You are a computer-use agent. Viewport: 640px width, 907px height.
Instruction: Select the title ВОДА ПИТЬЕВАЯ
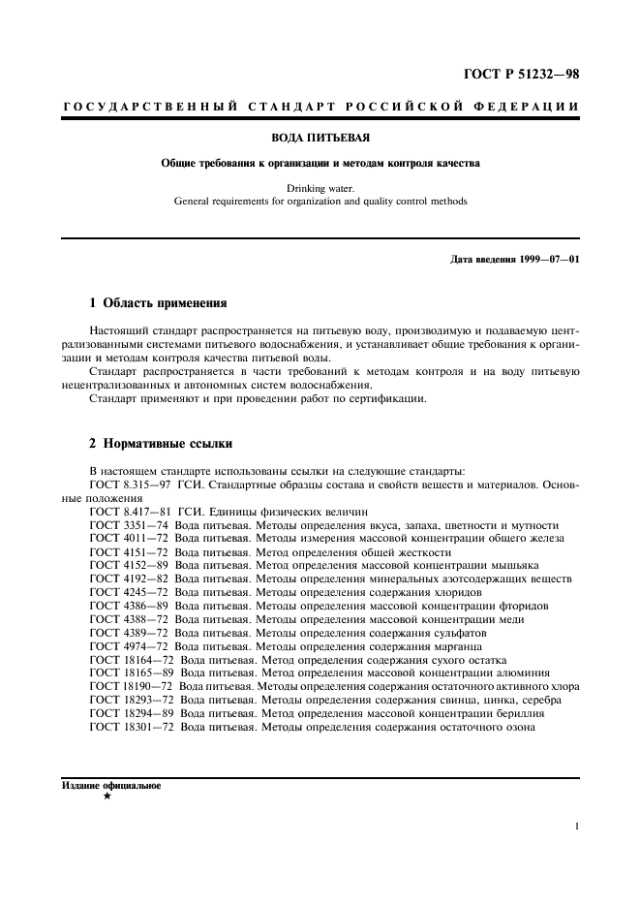point(320,139)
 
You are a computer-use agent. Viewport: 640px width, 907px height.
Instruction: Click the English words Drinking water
point(320,188)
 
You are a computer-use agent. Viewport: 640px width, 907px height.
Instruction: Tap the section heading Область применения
point(166,302)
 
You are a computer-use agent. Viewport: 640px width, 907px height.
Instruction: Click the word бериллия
point(523,713)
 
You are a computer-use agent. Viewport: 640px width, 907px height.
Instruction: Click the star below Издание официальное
point(107,797)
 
